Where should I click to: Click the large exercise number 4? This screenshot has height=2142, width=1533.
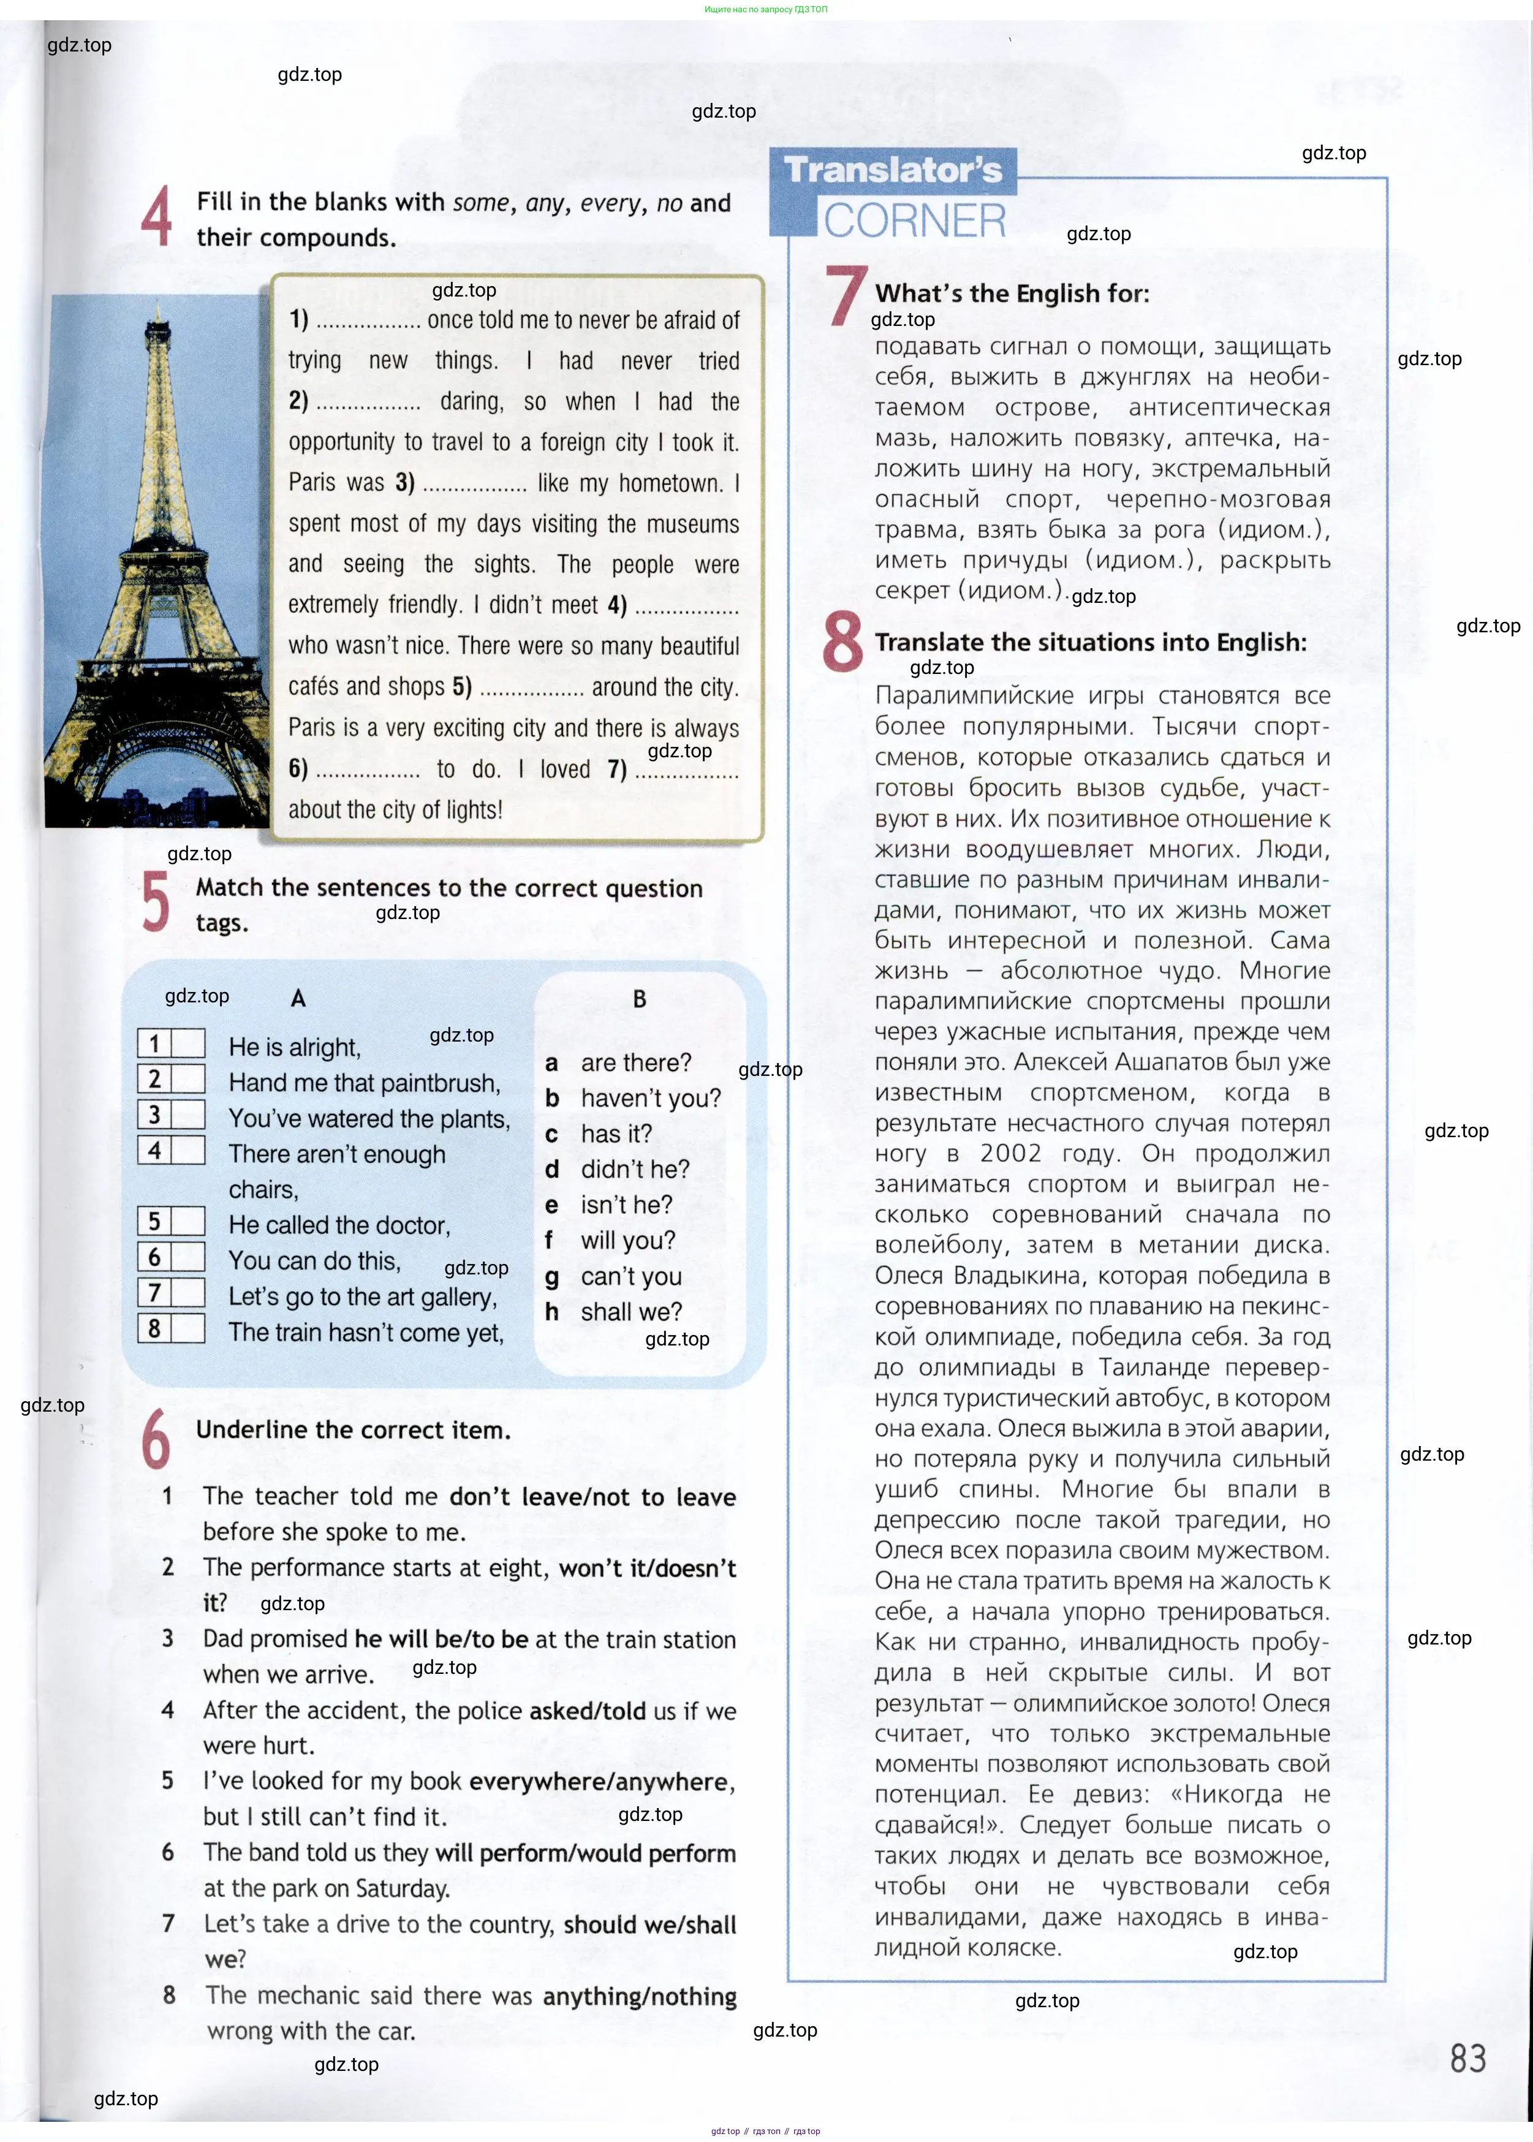click(x=157, y=216)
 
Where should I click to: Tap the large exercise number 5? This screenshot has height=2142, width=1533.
click(x=155, y=901)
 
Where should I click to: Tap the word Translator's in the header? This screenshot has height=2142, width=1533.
click(x=892, y=170)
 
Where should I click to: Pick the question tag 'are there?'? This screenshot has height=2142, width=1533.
click(x=635, y=1063)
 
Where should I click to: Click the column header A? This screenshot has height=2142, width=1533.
click(x=298, y=999)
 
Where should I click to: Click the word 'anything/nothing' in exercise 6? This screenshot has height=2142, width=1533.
click(x=639, y=1997)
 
